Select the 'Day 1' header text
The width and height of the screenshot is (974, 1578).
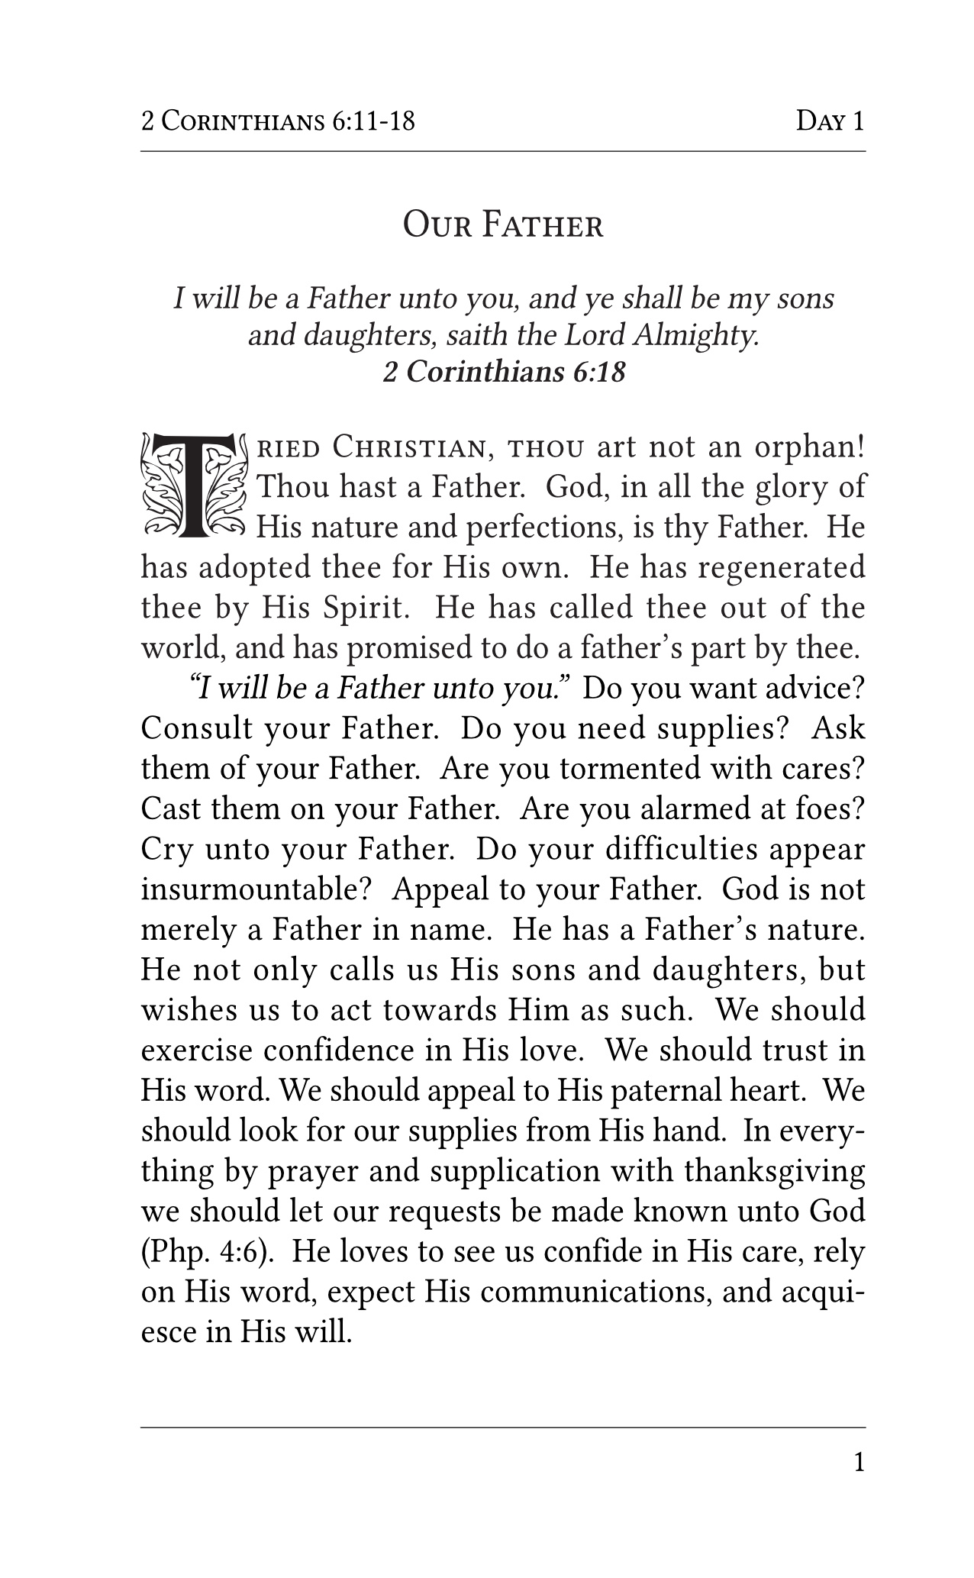tap(830, 121)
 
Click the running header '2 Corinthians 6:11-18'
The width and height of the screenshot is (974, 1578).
tap(279, 121)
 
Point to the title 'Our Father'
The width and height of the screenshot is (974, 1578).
tap(503, 226)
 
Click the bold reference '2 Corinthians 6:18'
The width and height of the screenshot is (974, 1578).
tap(504, 373)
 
